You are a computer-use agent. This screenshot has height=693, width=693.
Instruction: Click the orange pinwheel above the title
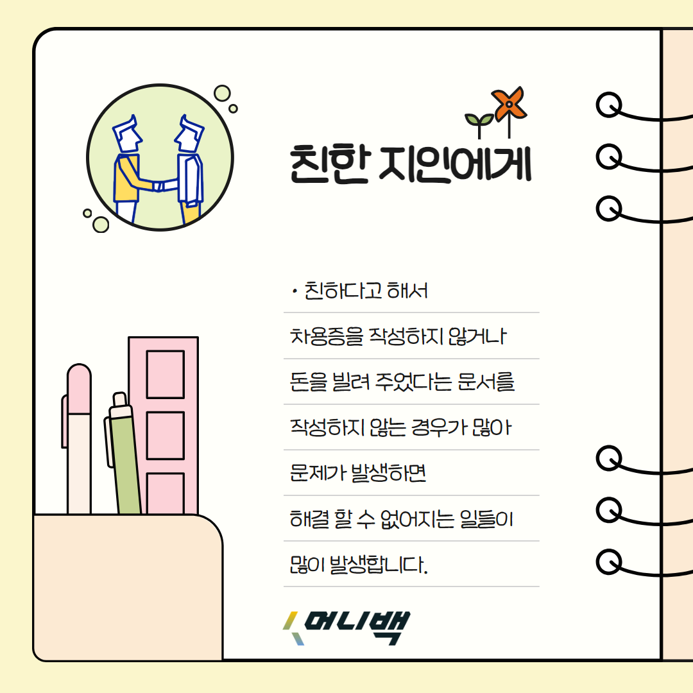tap(509, 103)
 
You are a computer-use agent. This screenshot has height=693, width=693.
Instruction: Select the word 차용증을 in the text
tap(327, 336)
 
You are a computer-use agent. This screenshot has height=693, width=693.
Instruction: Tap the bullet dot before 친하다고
tap(293, 293)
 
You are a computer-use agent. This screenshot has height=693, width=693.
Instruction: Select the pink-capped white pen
tap(79, 443)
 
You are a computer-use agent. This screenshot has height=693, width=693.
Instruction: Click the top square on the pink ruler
tap(165, 374)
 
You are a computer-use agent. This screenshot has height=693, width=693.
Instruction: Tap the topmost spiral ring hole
tap(608, 105)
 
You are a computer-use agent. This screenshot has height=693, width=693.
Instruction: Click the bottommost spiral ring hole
tap(608, 561)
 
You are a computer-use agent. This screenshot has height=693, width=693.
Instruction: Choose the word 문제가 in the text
tap(320, 474)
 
